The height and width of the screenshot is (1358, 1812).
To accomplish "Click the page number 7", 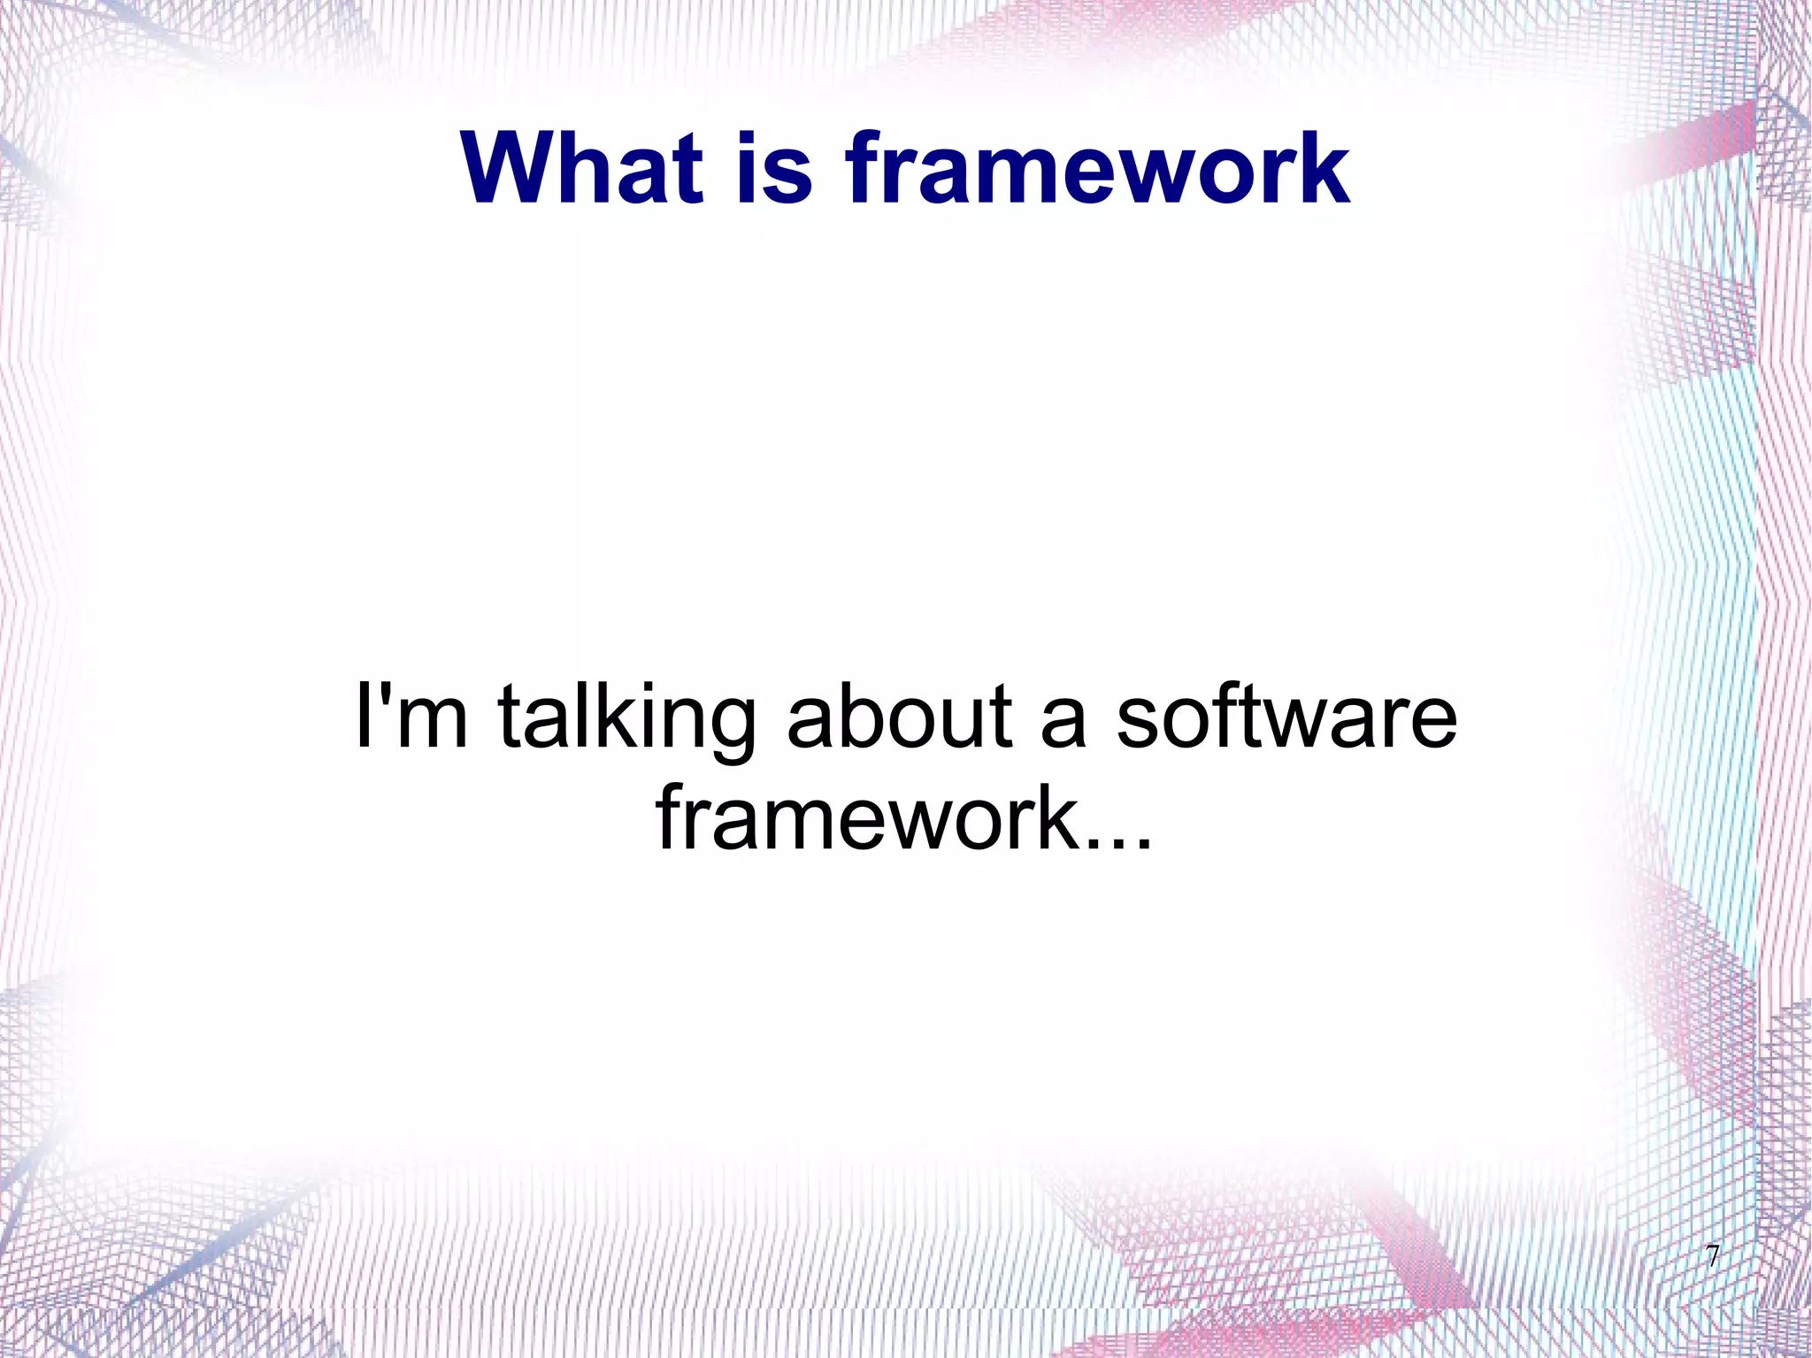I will [1712, 1257].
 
